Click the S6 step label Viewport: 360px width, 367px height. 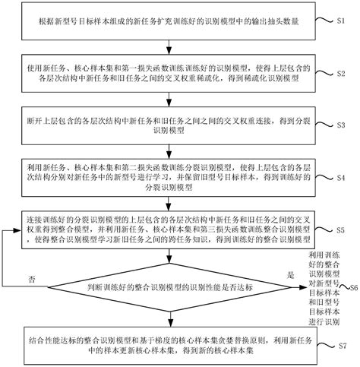[352, 289]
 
